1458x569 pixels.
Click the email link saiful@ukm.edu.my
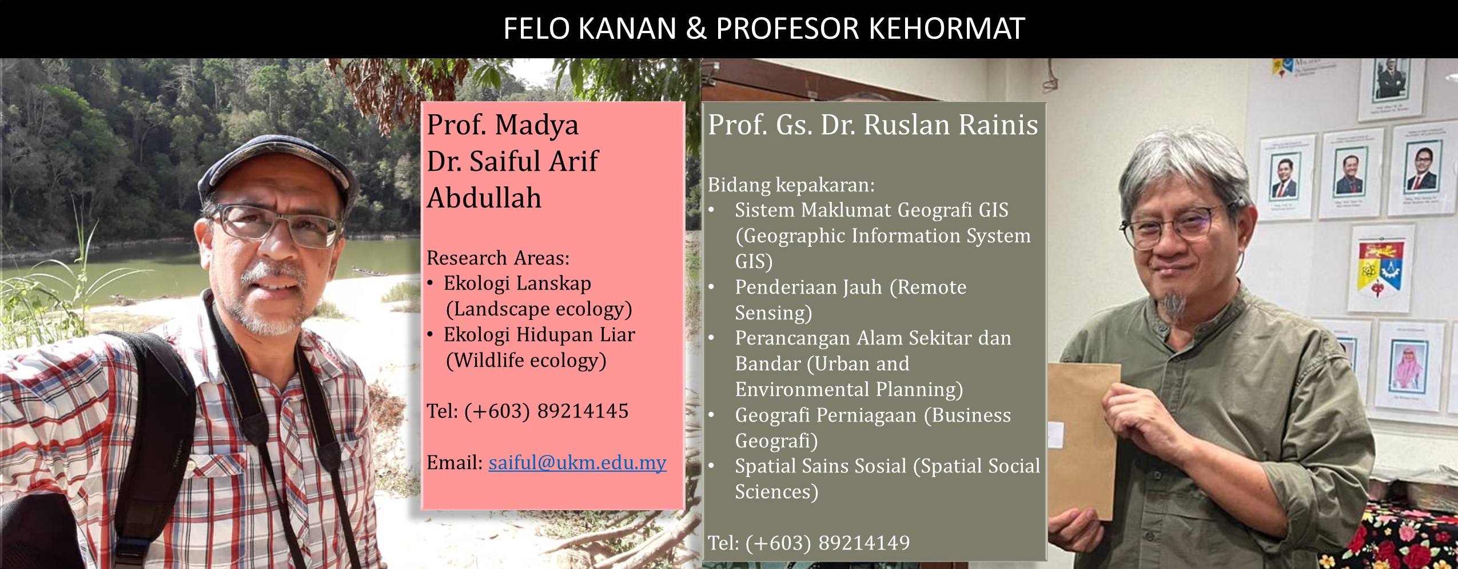tap(577, 462)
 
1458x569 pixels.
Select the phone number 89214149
tap(864, 542)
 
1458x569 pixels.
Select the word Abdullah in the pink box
tap(484, 198)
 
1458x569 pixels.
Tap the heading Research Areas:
tap(498, 258)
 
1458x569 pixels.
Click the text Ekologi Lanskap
tap(517, 283)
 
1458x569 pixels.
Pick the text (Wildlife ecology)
tap(526, 360)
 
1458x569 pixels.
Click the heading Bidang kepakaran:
tap(791, 185)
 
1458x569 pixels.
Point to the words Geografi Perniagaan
tap(826, 415)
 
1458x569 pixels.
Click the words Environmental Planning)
tap(849, 390)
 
